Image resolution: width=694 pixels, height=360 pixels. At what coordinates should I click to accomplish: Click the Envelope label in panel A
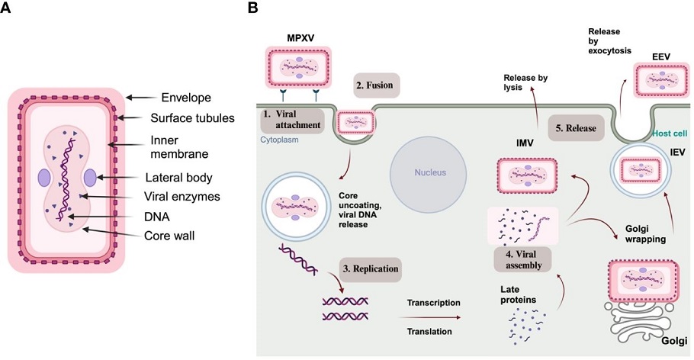coord(186,98)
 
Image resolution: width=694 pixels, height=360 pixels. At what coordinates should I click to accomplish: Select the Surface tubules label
coord(192,118)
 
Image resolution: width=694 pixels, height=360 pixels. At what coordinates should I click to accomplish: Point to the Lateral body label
coord(178,178)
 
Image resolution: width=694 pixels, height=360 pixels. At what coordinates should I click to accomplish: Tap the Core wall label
coord(169,235)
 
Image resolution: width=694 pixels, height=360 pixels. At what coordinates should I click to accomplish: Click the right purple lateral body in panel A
coord(89,177)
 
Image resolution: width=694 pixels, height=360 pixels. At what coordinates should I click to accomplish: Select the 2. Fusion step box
coord(377,85)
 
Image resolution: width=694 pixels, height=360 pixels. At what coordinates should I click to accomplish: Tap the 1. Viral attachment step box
coord(291,120)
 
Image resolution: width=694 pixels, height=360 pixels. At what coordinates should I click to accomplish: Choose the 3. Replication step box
coord(371,269)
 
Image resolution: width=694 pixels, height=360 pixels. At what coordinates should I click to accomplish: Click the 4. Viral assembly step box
coord(522,259)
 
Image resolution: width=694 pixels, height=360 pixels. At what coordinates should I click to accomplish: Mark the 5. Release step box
coord(576,128)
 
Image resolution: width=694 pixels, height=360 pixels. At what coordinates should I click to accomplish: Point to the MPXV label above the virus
coord(300,38)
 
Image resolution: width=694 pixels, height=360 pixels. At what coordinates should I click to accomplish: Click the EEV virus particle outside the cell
coord(662,80)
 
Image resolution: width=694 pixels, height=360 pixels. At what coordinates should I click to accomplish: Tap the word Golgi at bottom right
coord(674,341)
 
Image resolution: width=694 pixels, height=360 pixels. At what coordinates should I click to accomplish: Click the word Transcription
coord(434,303)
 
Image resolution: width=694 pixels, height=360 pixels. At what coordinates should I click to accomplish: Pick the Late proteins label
coord(518,294)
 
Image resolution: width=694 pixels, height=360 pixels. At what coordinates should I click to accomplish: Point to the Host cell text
coord(670,133)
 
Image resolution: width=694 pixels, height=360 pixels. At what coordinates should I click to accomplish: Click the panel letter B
coord(252,8)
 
